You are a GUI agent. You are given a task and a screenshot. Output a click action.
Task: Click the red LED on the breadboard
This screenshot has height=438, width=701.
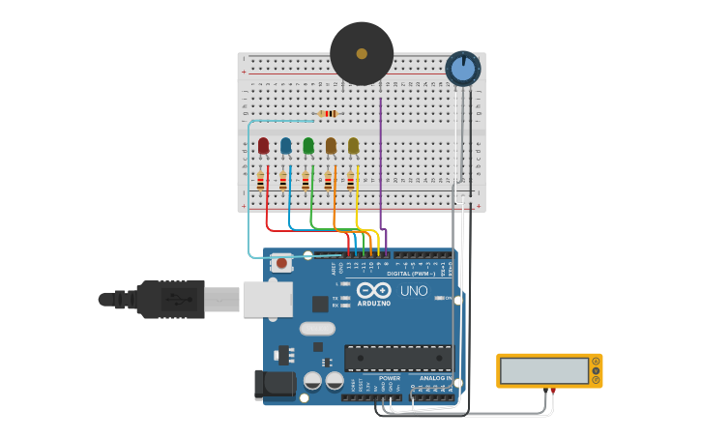point(263,145)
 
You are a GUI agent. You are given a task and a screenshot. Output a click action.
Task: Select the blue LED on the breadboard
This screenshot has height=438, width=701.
point(285,145)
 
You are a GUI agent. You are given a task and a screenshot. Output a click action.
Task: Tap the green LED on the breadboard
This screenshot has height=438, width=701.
point(308,145)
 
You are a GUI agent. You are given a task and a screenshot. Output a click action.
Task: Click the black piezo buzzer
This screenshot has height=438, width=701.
point(362,54)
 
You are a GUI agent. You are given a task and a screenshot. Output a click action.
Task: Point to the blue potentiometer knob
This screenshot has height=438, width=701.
point(463,68)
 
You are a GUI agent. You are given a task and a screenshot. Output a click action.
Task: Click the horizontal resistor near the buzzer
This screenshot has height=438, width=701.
point(329,114)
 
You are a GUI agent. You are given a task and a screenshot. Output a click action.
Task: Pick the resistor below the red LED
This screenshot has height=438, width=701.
point(260,181)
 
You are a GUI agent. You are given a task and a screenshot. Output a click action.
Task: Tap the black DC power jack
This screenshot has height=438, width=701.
point(275,385)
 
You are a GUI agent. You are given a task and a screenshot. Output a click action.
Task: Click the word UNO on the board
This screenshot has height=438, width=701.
point(414,291)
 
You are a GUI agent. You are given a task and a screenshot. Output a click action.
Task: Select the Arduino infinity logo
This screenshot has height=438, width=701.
point(373,290)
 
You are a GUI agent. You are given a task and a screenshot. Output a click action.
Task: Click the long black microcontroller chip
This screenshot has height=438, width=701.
point(397,359)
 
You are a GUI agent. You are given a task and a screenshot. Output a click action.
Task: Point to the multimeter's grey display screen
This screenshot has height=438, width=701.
point(544,370)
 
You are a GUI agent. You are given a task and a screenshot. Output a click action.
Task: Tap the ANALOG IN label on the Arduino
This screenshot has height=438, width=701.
point(435,378)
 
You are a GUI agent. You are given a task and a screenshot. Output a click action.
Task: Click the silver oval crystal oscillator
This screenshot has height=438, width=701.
point(317,329)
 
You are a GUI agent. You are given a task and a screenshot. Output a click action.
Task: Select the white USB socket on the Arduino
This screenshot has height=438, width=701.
point(267,299)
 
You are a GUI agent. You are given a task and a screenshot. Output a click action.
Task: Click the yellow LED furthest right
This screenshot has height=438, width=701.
point(353,145)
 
